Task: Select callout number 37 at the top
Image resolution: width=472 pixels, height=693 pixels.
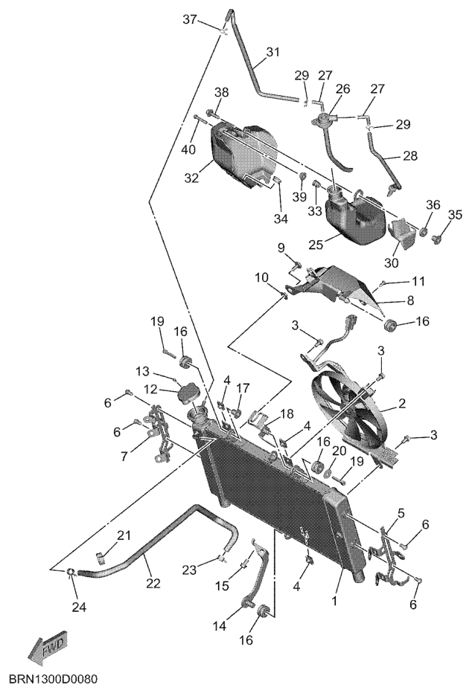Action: pos(190,20)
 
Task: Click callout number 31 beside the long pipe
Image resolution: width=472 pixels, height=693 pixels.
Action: pos(273,52)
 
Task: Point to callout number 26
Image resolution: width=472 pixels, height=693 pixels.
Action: pos(342,88)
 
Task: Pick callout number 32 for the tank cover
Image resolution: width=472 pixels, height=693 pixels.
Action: pos(192,178)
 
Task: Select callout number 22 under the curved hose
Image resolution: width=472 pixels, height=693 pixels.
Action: pos(153,583)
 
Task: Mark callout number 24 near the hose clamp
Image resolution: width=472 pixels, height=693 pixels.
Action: pos(79,607)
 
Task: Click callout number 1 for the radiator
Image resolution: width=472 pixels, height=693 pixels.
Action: pos(335,601)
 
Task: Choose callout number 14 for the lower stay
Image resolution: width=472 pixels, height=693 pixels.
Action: pos(220,625)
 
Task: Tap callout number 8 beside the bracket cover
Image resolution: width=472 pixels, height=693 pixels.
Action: pos(410,300)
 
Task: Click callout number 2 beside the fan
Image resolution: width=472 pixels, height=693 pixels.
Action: pos(402,403)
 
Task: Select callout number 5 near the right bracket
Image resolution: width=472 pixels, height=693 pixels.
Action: pos(401,513)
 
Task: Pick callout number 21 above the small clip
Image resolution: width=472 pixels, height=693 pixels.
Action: pos(124,535)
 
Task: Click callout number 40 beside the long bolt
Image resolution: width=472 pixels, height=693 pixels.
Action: pos(188,149)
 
